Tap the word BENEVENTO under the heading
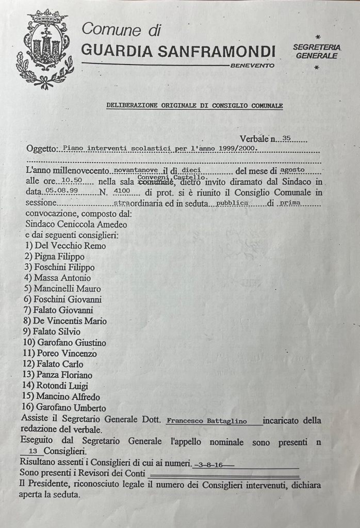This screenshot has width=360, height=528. click(252, 66)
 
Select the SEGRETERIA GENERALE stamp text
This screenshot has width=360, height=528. click(317, 51)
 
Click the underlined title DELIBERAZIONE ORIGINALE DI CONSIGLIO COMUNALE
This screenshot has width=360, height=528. click(194, 105)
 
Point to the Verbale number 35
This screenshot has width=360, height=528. click(287, 138)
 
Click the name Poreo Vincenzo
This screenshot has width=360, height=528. click(63, 354)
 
